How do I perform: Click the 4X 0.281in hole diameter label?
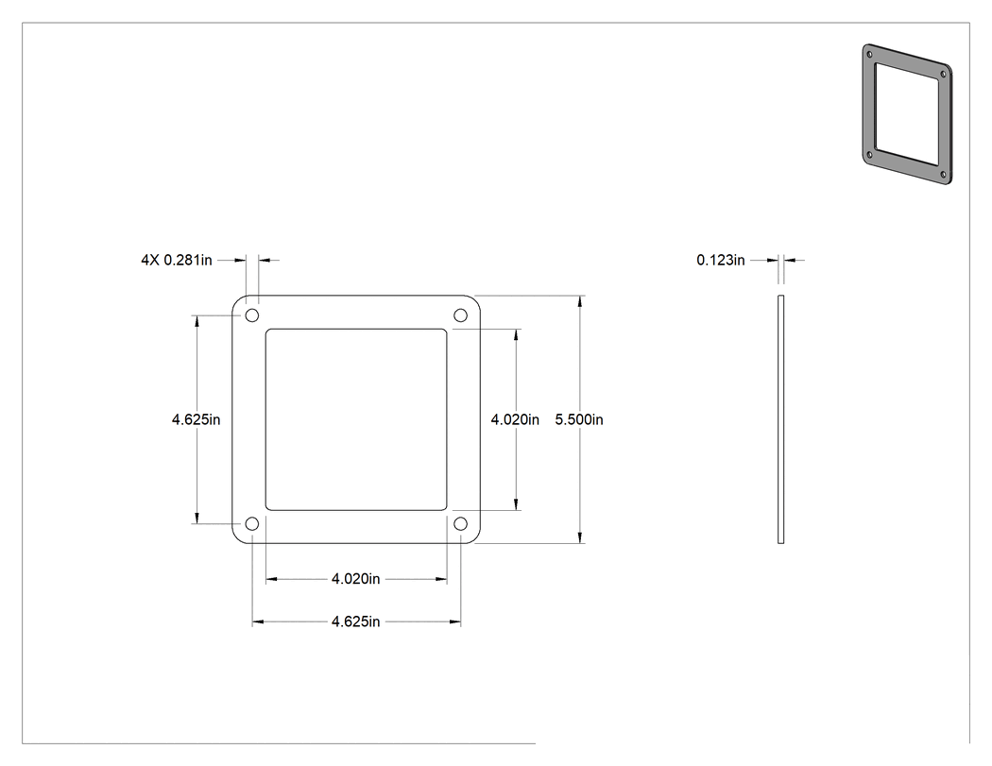point(177,260)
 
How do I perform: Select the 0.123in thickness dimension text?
point(721,260)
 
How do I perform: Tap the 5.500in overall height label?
point(579,419)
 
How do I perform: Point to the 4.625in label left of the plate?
point(197,419)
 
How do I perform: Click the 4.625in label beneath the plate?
point(355,621)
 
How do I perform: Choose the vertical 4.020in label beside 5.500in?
point(515,419)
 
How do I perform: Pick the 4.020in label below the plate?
point(355,579)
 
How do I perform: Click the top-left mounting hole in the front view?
point(252,315)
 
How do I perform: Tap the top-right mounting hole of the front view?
point(461,315)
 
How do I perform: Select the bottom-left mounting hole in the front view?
point(252,524)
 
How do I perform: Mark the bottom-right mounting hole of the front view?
point(461,524)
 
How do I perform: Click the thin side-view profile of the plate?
point(780,419)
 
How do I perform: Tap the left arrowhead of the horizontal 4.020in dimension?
point(272,579)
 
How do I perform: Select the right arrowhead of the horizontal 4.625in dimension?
point(454,621)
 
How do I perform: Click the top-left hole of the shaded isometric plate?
point(869,55)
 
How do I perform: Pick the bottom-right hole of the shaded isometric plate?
point(943,174)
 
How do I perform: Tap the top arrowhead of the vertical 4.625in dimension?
point(197,321)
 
